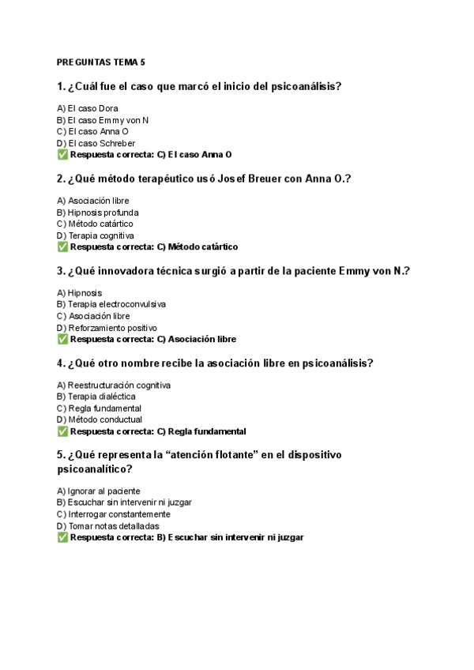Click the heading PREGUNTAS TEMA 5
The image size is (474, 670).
(101, 62)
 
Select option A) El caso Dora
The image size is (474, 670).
(88, 108)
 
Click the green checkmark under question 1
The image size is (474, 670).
(62, 155)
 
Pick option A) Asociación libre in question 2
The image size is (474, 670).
(92, 201)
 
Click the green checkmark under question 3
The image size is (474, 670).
(62, 340)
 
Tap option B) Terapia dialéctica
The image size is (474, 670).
(96, 397)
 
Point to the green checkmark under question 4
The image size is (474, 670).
(62, 432)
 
